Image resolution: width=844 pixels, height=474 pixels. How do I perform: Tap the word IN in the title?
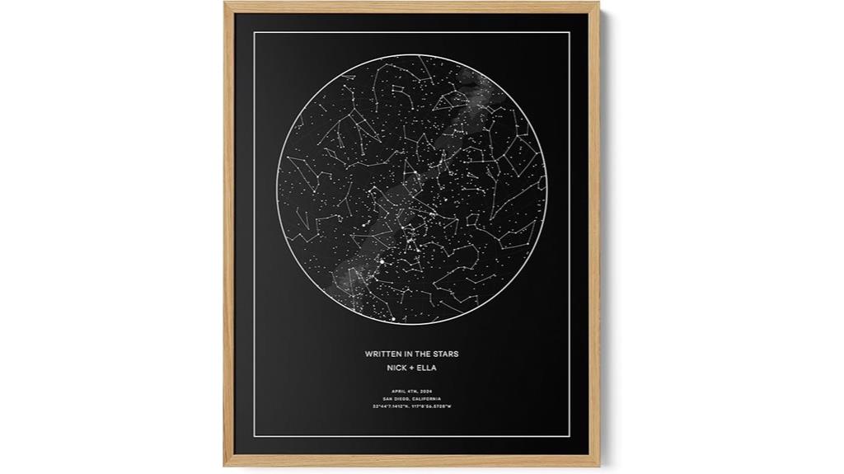coord(412,354)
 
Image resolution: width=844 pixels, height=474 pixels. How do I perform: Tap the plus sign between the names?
coord(411,368)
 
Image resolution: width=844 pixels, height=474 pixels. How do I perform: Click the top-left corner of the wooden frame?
coord(225,3)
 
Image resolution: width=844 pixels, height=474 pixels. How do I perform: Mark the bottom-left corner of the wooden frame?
coord(225,467)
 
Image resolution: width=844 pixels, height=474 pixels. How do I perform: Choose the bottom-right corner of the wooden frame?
coord(599,467)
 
